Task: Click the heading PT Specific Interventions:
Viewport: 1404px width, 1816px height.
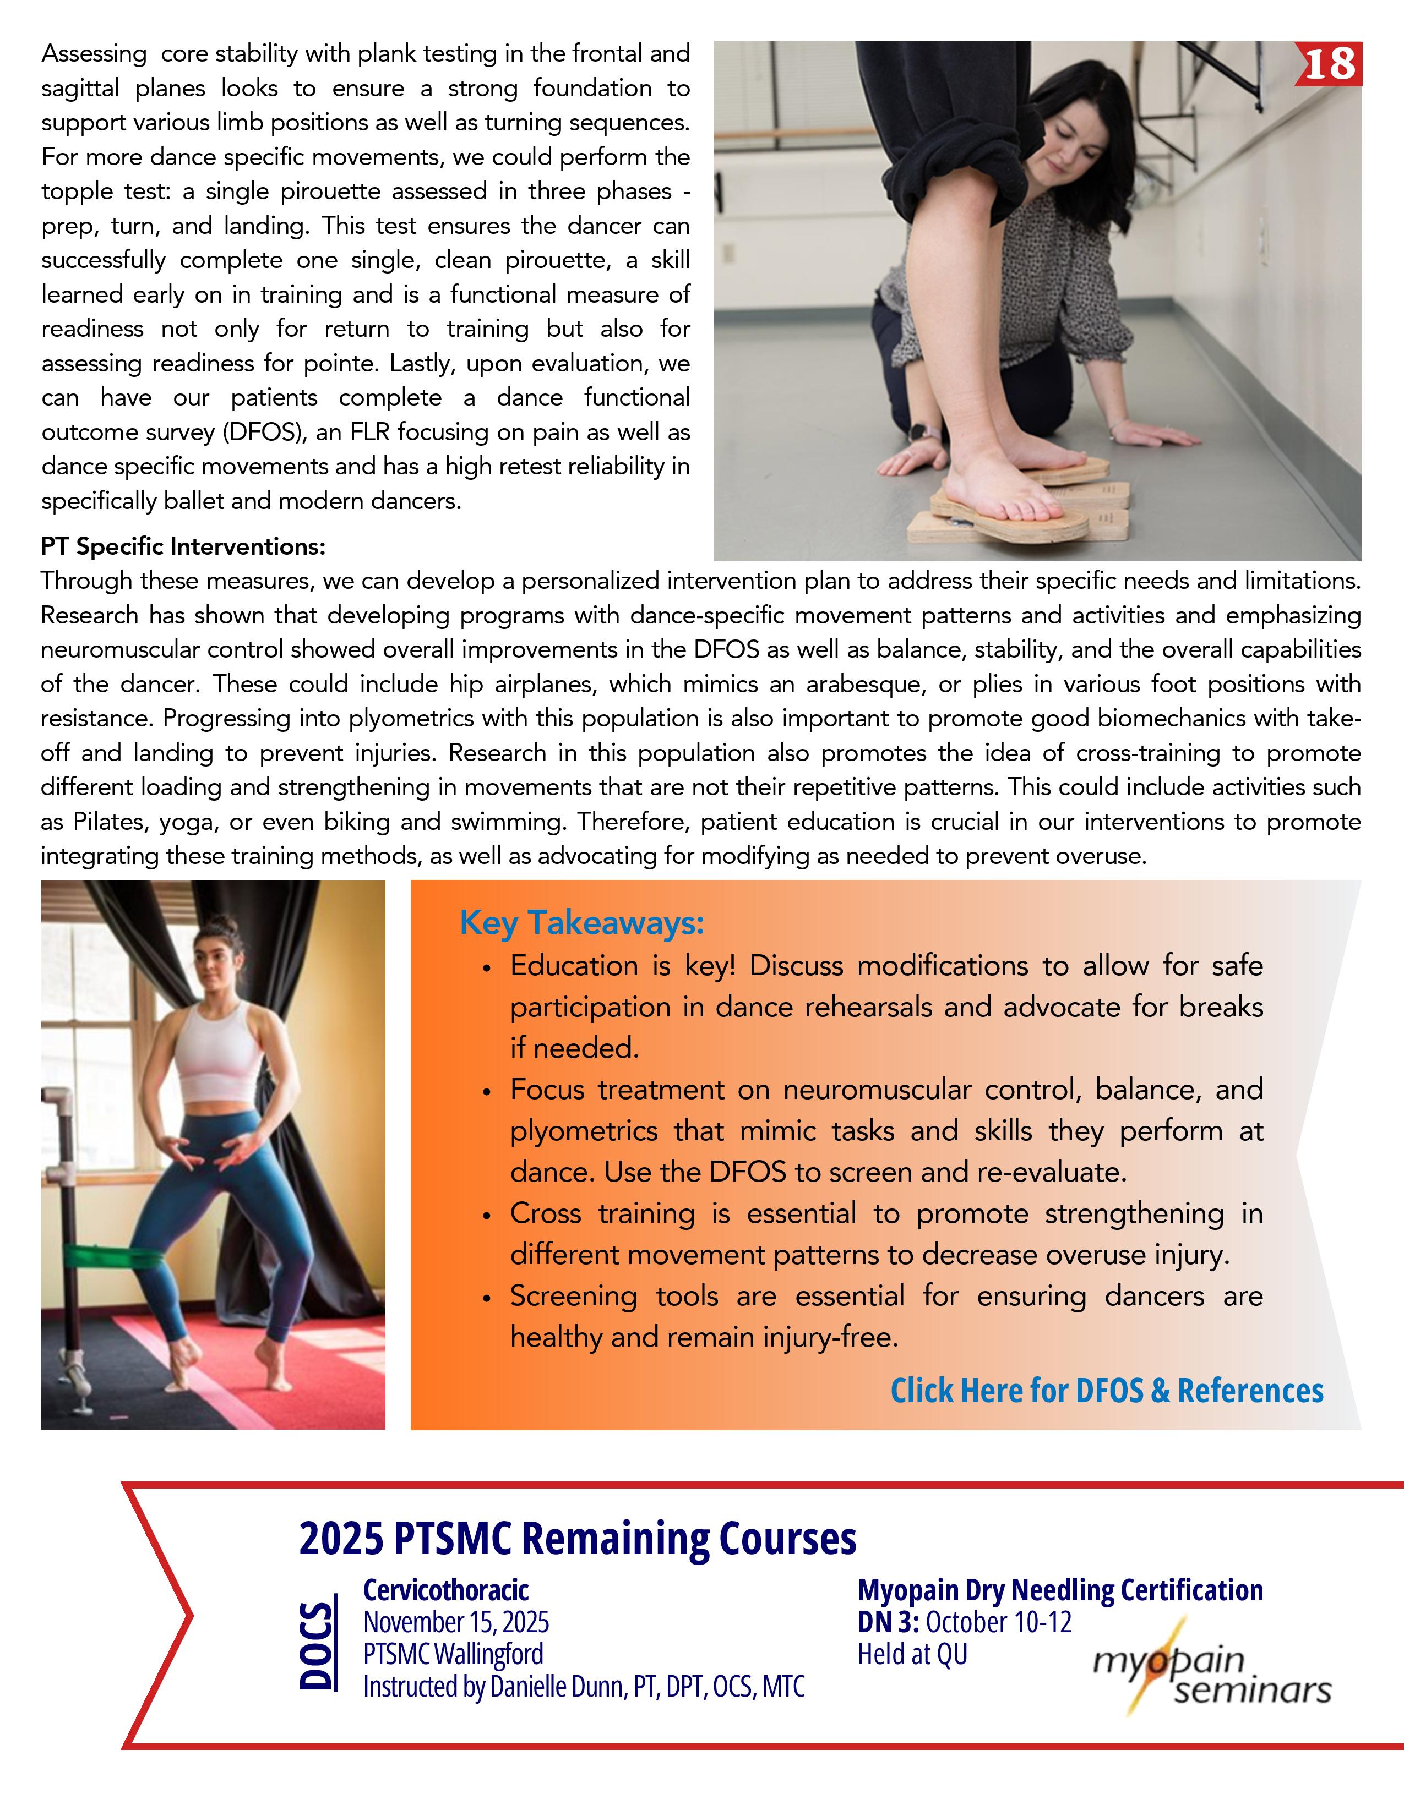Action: (x=183, y=546)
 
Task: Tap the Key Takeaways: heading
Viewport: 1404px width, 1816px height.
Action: (x=582, y=923)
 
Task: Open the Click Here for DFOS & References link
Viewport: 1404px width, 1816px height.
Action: (x=1106, y=1390)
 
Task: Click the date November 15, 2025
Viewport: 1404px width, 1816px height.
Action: (x=456, y=1622)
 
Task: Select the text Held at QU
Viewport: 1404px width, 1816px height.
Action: (x=912, y=1655)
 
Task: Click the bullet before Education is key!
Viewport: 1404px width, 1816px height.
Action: (x=487, y=969)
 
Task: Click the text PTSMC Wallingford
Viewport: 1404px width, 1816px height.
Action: (x=453, y=1655)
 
